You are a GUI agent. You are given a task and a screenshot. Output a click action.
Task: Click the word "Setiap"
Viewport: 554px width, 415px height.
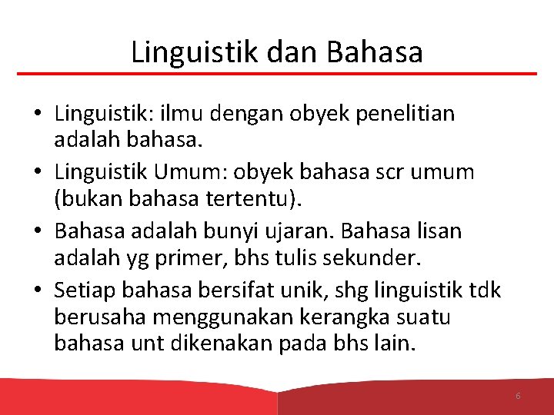click(84, 290)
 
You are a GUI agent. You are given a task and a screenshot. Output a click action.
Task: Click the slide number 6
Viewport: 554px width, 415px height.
click(518, 396)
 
